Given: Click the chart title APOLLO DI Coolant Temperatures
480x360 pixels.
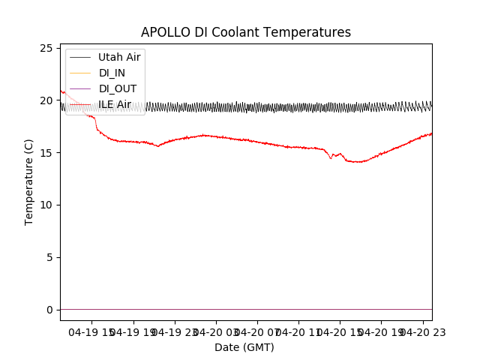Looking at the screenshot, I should click(246, 33).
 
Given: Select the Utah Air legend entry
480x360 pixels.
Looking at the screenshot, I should click(119, 57).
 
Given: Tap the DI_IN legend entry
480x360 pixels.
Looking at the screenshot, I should click(112, 73).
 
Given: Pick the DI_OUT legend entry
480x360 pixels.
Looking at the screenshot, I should click(117, 88).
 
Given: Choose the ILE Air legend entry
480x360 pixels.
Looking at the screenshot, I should click(115, 104).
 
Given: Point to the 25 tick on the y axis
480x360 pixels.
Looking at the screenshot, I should click(47, 49).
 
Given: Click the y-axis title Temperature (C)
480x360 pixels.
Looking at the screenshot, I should click(29, 182).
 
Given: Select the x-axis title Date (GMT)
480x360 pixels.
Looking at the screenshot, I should click(244, 347).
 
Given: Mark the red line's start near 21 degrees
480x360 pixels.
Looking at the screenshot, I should click(61, 91).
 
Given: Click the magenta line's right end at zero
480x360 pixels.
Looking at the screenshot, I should click(431, 309).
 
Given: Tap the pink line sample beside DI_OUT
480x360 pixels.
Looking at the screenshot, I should click(80, 88).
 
